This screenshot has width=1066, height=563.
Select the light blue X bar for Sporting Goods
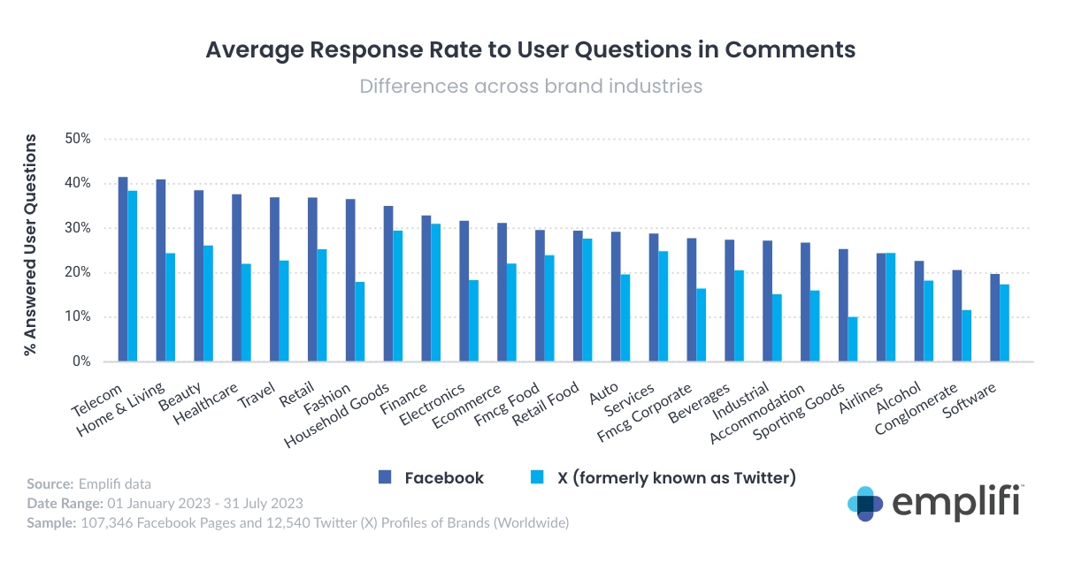point(853,339)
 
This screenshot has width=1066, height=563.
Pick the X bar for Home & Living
point(171,308)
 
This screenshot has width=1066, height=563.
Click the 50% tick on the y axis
point(79,140)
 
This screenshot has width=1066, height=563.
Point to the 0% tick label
point(81,361)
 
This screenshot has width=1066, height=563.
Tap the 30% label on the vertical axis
point(79,228)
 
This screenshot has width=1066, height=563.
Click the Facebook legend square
point(385,478)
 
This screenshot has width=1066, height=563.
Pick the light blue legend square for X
point(535,478)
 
